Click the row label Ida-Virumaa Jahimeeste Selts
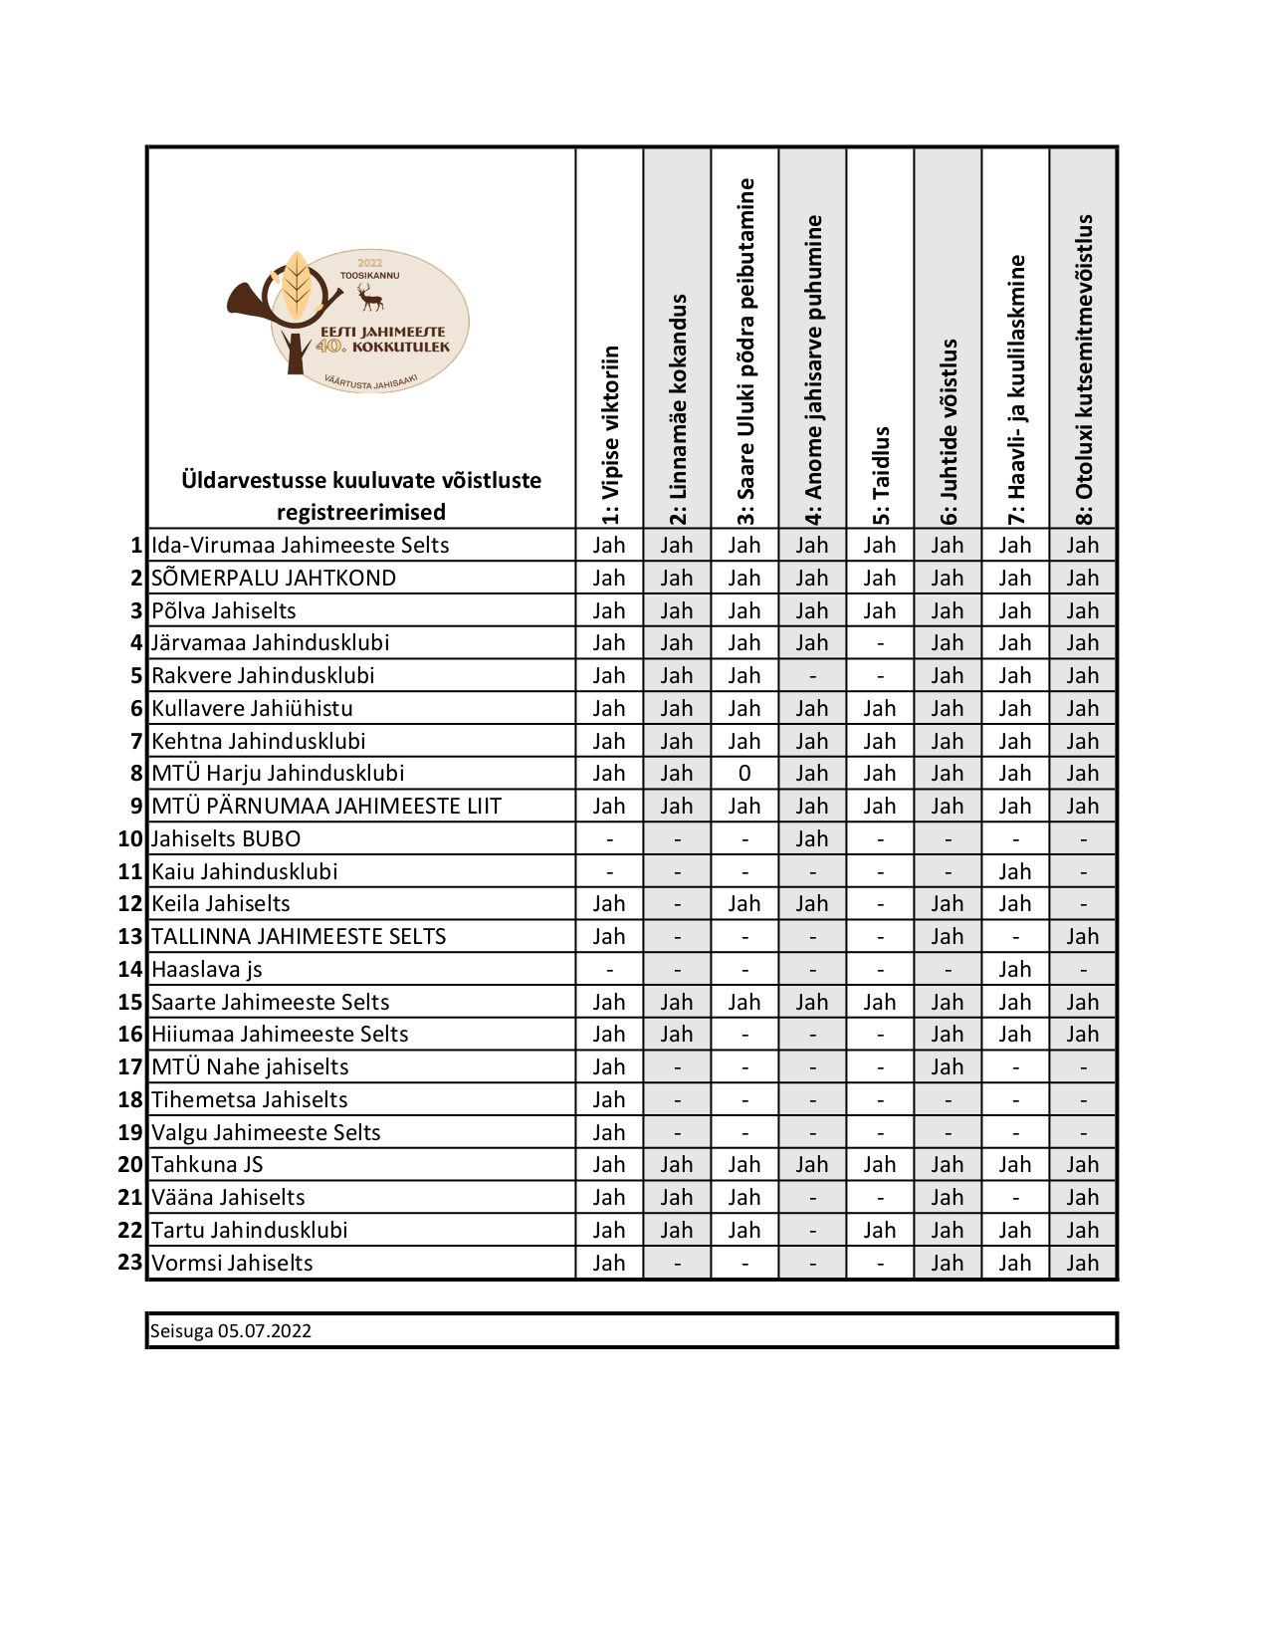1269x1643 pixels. [300, 546]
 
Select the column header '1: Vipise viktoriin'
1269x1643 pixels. [610, 434]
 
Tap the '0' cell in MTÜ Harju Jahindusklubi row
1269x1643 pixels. [744, 774]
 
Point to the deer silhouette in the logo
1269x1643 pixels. [370, 297]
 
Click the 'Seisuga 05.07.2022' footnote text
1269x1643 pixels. [231, 1331]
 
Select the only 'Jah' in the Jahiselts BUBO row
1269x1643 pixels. [812, 839]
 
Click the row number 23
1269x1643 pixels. [130, 1263]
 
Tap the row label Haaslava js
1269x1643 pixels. [207, 970]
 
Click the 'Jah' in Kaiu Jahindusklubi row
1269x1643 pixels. [1015, 872]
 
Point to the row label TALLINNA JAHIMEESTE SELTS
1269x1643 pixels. [299, 937]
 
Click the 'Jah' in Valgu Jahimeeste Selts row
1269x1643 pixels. [609, 1133]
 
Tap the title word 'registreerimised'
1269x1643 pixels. [361, 512]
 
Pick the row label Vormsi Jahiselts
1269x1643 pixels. [232, 1264]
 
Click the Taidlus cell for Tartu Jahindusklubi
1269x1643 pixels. [880, 1231]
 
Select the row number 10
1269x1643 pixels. [130, 839]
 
